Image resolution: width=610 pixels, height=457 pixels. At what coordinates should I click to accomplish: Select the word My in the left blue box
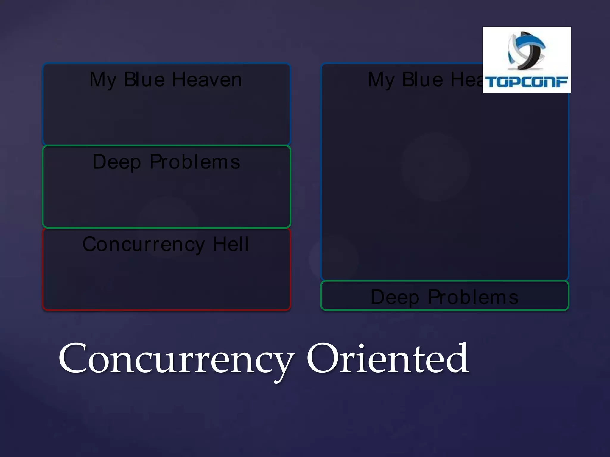(103, 80)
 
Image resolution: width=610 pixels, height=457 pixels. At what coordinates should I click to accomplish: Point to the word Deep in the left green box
(116, 162)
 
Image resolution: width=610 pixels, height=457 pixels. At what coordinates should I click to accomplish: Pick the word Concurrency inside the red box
(144, 245)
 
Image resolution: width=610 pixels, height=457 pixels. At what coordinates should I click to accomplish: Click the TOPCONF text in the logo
(526, 82)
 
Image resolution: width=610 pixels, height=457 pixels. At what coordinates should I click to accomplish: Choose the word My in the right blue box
(381, 80)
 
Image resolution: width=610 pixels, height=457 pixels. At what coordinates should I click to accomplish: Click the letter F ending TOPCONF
(562, 82)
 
